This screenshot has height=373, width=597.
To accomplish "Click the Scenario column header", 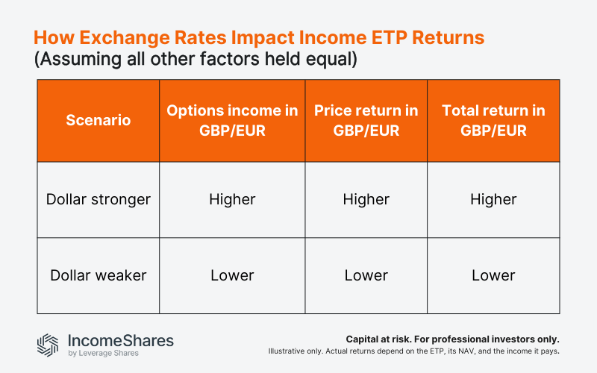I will tap(98, 120).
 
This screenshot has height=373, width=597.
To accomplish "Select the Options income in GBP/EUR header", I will tap(232, 120).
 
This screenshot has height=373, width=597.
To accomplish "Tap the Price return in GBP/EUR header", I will tap(366, 120).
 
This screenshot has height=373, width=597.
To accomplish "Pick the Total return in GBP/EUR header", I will tap(493, 120).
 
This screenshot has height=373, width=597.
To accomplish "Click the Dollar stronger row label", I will tap(98, 199).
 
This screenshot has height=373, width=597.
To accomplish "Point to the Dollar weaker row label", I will tap(98, 275).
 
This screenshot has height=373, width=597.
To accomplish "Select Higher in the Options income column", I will tap(232, 199).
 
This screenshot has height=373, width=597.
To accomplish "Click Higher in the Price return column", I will tap(366, 199).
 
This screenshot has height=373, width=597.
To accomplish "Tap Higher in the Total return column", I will tap(493, 199).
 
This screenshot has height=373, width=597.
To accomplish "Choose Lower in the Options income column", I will tap(232, 275).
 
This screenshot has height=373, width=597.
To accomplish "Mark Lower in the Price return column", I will tap(366, 275).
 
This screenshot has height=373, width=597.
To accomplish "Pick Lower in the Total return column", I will tap(493, 275).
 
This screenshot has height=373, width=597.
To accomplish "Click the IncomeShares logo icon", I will tap(48, 344).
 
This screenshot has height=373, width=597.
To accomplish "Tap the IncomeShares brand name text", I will tap(120, 340).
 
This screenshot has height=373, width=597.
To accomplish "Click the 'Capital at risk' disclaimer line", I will tap(452, 338).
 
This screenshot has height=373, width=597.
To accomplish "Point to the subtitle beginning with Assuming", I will tap(196, 60).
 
